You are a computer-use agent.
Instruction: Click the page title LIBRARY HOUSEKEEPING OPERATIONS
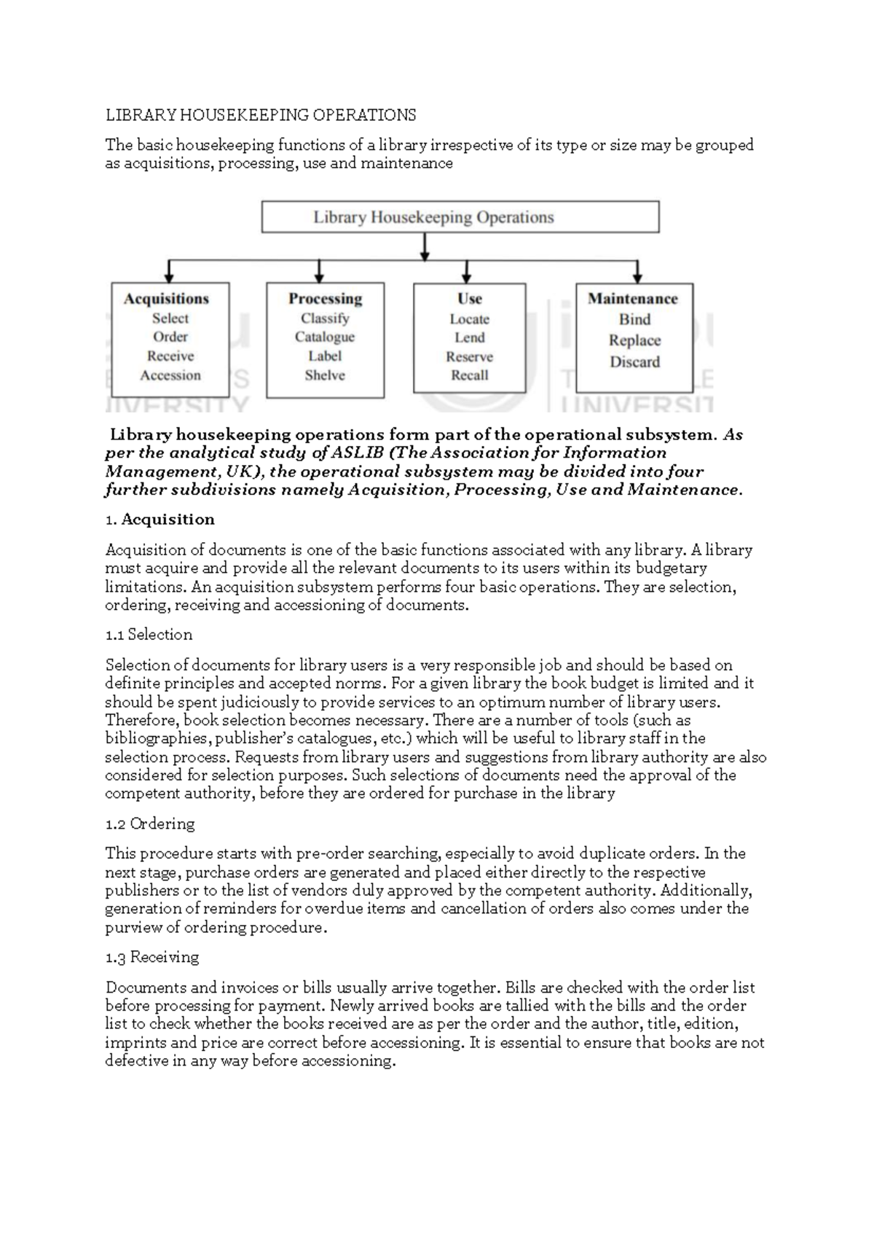pos(261,115)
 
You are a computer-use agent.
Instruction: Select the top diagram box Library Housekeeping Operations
pos(460,217)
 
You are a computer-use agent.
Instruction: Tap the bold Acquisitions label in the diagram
pos(166,299)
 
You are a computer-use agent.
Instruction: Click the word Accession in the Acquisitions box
pos(170,375)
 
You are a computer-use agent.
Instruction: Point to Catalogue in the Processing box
pos(325,337)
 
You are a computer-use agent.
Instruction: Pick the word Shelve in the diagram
pos(325,375)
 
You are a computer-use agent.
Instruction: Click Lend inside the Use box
pos(470,337)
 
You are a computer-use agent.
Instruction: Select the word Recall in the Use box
pos(470,375)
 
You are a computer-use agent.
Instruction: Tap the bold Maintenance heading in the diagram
pos(633,299)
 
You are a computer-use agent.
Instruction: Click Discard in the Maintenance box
pos(634,362)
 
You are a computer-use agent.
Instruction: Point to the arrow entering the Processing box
pos(319,274)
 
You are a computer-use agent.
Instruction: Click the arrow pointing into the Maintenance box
pos(637,274)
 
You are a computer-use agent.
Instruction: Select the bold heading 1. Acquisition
pos(160,520)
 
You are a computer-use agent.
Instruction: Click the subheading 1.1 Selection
pos(149,635)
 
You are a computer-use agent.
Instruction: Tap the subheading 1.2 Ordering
pos(150,824)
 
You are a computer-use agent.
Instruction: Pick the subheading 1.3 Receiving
pos(152,958)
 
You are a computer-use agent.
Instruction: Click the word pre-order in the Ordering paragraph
pos(330,853)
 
